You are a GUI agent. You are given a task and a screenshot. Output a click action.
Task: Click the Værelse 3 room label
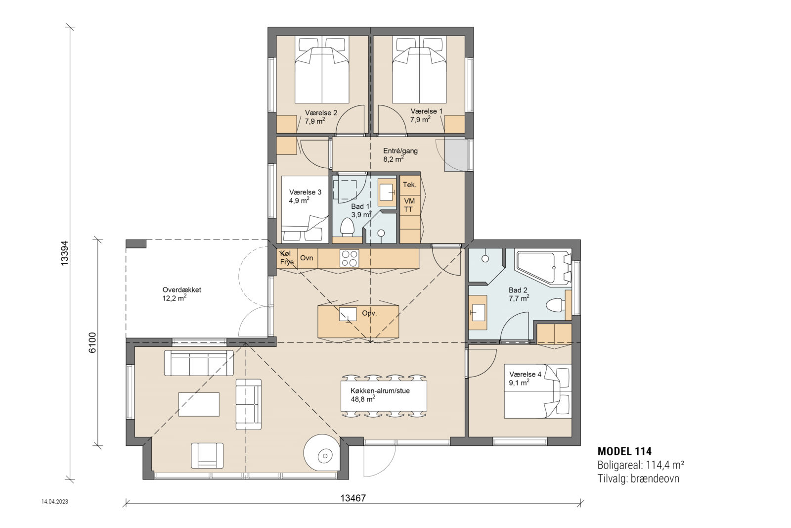pyautogui.click(x=305, y=192)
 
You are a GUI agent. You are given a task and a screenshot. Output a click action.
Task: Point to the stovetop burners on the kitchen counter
pyautogui.click(x=350, y=258)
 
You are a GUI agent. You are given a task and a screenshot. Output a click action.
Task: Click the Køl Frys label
pyautogui.click(x=287, y=258)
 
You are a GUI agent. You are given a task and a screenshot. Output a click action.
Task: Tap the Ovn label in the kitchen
pyautogui.click(x=307, y=258)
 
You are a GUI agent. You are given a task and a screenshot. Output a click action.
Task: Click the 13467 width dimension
pyautogui.click(x=353, y=498)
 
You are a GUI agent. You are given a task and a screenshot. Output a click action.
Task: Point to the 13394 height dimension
pyautogui.click(x=64, y=253)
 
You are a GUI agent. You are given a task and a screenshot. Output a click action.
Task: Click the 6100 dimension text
pyautogui.click(x=92, y=342)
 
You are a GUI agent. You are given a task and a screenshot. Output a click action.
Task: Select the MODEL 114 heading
pyautogui.click(x=624, y=451)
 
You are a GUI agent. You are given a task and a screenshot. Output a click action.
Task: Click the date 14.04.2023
pyautogui.click(x=55, y=501)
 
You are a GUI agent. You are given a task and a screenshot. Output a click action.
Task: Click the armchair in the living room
pyautogui.click(x=207, y=455)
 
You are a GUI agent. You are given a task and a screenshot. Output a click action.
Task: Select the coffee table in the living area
pyautogui.click(x=199, y=404)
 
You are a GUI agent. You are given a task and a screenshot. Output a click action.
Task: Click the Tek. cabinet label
pyautogui.click(x=409, y=185)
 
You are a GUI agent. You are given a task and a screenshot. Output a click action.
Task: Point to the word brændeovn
pyautogui.click(x=655, y=479)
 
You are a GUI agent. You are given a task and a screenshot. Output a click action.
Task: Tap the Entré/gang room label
pyautogui.click(x=400, y=151)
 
